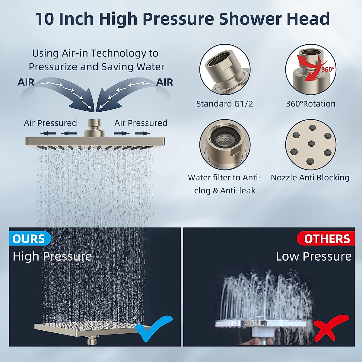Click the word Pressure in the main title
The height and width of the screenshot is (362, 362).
pyautogui.click(x=178, y=19)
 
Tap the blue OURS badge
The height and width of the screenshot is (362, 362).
pyautogui.click(x=29, y=239)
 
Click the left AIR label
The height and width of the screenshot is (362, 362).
pyautogui.click(x=26, y=82)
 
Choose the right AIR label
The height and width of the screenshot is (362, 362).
pyautogui.click(x=164, y=82)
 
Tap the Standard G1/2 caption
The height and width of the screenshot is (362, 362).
pyautogui.click(x=224, y=104)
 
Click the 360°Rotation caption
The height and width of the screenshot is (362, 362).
pyautogui.click(x=310, y=104)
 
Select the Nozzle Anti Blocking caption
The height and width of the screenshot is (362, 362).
pyautogui.click(x=310, y=177)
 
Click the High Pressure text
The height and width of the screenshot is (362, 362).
pyautogui.click(x=52, y=256)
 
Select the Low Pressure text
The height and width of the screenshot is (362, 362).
pyautogui.click(x=313, y=256)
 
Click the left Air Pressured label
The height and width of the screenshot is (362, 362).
pyautogui.click(x=50, y=123)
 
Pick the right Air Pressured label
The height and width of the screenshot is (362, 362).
pyautogui.click(x=141, y=123)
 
